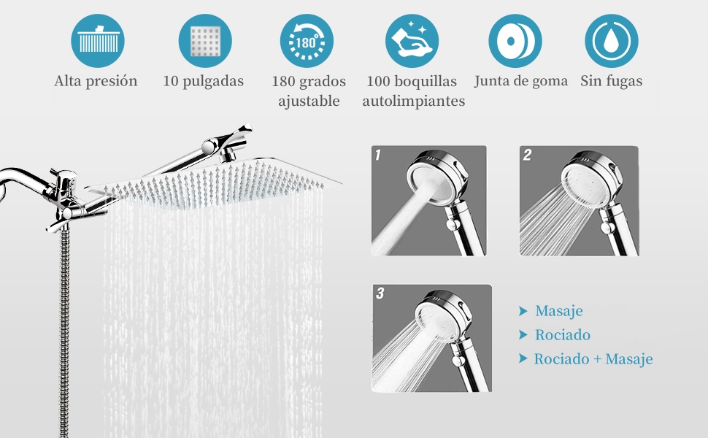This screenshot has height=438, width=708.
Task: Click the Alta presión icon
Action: pos(97,41)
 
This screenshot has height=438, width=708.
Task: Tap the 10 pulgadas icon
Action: pos(205,41)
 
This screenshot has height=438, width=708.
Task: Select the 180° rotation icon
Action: pos(307,41)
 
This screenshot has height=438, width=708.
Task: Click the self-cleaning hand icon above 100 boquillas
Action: pos(412,41)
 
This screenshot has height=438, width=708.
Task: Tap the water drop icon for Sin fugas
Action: pos(612,41)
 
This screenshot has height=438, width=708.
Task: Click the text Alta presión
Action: pos(96,81)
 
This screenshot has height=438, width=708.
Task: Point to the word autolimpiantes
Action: pos(414,101)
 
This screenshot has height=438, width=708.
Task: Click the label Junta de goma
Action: pos(521,81)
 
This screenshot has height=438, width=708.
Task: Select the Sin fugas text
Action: pos(612,81)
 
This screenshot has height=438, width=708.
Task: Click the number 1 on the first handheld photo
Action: pos(378,155)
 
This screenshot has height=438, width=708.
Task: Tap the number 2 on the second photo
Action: pos(527,155)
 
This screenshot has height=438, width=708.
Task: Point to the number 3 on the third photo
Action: pos(380,293)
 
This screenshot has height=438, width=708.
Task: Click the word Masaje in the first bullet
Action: pos(559,312)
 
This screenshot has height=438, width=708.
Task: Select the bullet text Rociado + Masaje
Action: pos(593,359)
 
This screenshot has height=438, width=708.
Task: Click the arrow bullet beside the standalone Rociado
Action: pos(523,335)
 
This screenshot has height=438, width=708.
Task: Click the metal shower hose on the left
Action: pos(64,328)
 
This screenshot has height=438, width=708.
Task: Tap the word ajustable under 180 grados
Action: pos(309,101)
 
